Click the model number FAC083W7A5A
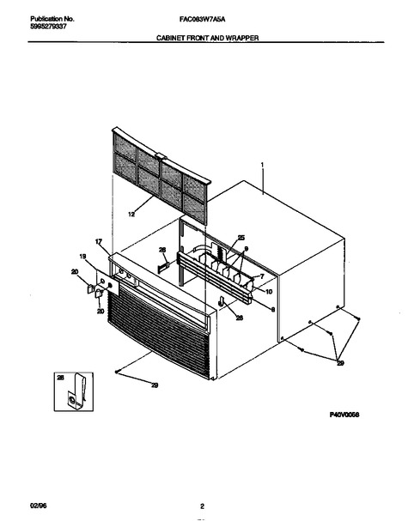(202, 20)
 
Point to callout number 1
(262, 165)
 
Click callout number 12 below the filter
(131, 215)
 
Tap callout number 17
(99, 241)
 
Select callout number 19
(82, 256)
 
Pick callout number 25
(241, 238)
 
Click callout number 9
(246, 249)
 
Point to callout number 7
(262, 276)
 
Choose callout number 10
(269, 292)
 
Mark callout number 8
(273, 310)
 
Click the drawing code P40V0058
(344, 415)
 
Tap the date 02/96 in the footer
(39, 506)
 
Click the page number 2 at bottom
(202, 506)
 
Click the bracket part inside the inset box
(76, 391)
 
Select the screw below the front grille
(117, 372)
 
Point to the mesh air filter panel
(161, 175)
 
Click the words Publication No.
(52, 19)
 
